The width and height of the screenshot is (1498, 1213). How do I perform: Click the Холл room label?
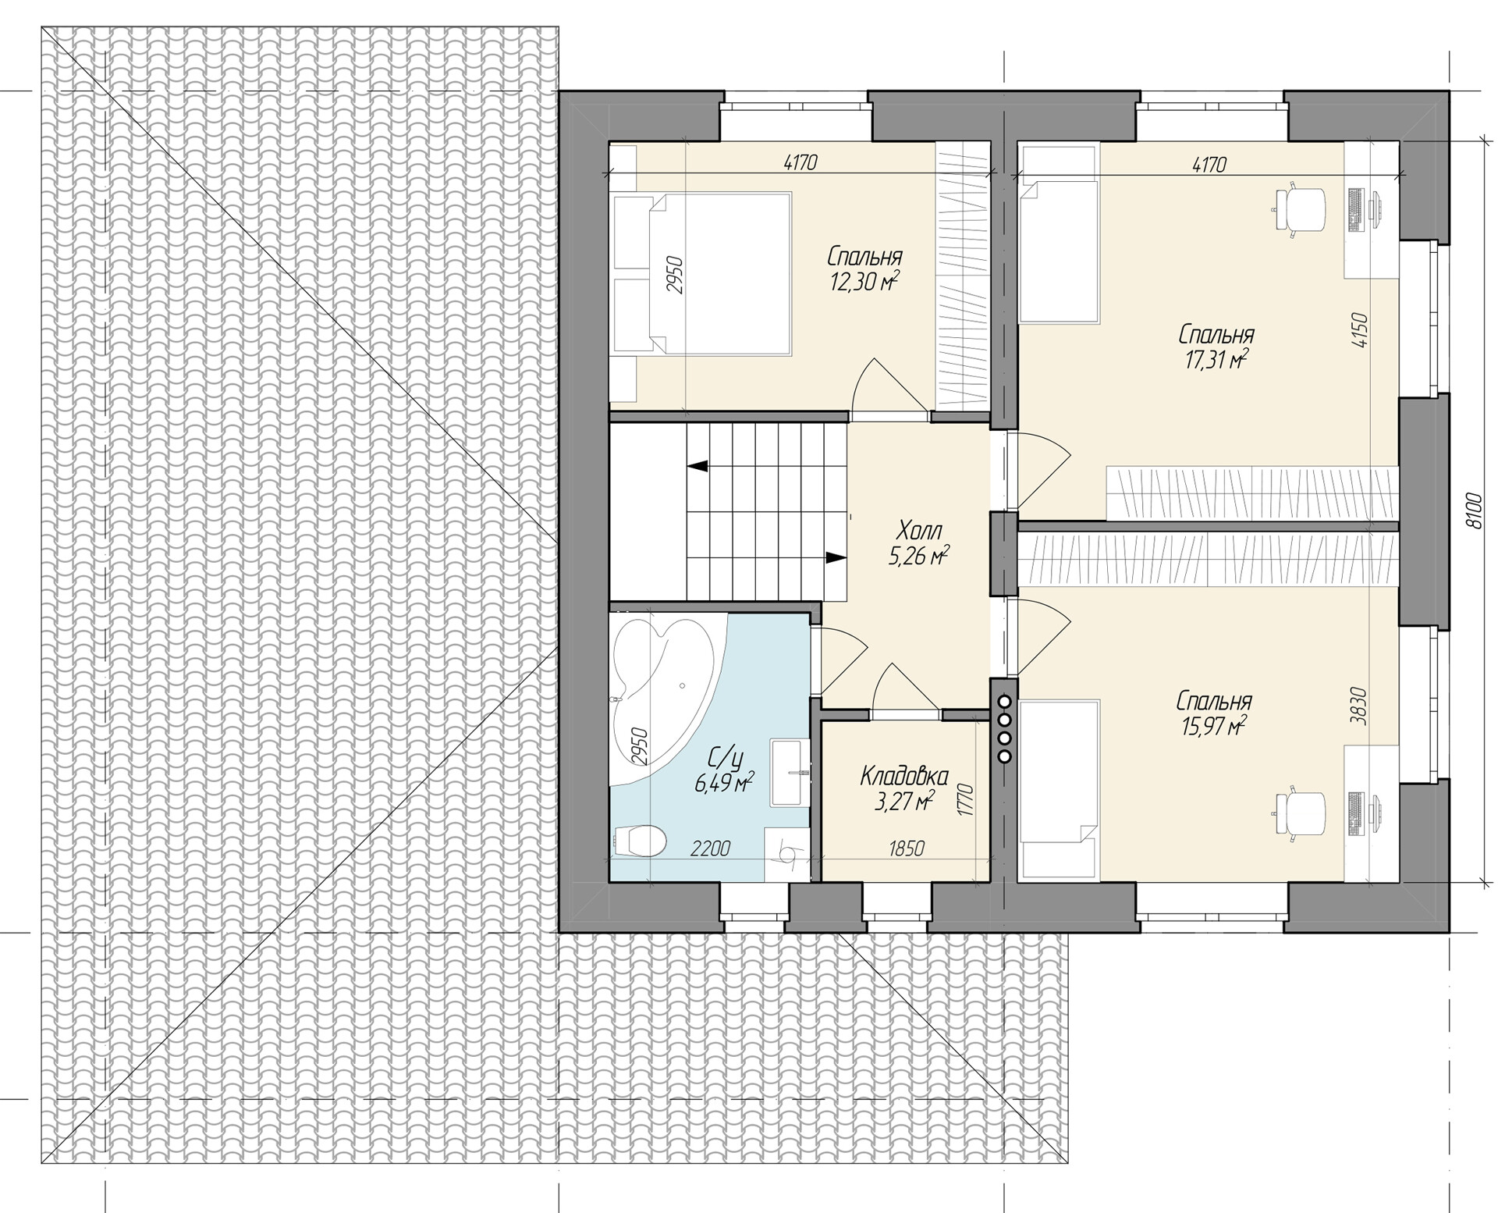pyautogui.click(x=920, y=532)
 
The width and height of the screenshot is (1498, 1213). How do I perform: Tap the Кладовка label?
pyautogui.click(x=904, y=776)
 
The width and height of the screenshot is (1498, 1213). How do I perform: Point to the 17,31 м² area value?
pyautogui.click(x=1215, y=359)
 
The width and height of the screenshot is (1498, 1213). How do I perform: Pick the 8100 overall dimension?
pyautogui.click(x=1472, y=510)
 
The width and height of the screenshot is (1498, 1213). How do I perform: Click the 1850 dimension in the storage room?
pyautogui.click(x=906, y=848)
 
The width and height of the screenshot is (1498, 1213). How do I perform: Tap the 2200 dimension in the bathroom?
pyautogui.click(x=711, y=848)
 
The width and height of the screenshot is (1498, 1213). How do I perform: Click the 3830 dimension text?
pyautogui.click(x=1358, y=706)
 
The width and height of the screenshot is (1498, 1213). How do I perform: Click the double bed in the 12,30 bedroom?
pyautogui.click(x=702, y=274)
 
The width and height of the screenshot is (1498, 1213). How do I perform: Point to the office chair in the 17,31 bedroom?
pyautogui.click(x=1300, y=208)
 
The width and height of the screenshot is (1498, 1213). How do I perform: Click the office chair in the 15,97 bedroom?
pyautogui.click(x=1300, y=815)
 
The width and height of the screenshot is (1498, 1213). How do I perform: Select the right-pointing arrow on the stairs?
pyautogui.click(x=836, y=557)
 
